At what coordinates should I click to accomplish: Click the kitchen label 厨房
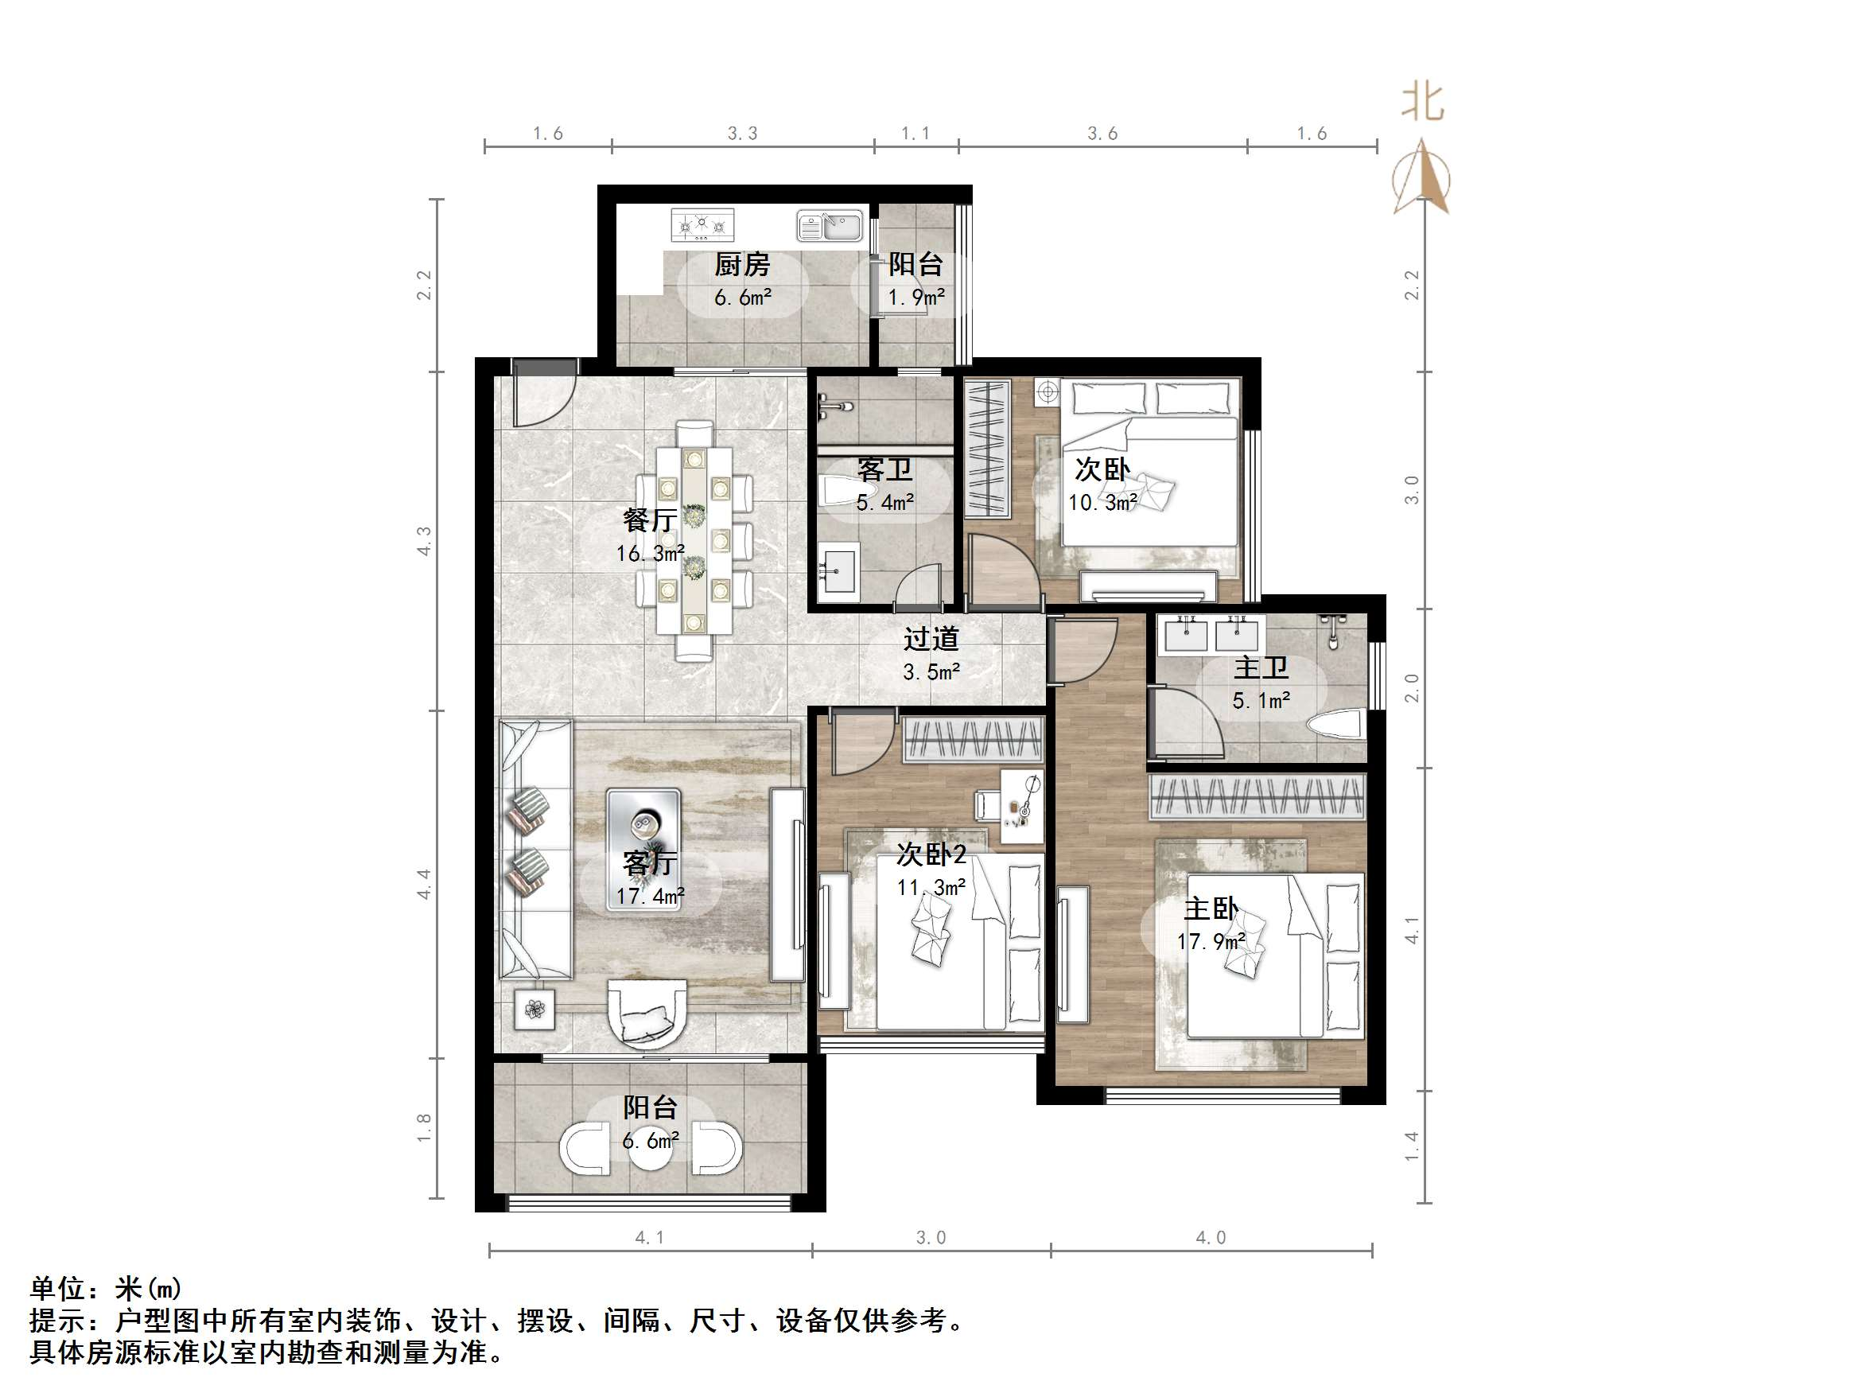(741, 264)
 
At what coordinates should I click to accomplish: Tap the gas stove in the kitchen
(702, 226)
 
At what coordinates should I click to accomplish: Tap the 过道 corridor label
(931, 638)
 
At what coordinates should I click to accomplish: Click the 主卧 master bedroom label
(1211, 908)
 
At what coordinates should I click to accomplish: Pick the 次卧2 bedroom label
(931, 854)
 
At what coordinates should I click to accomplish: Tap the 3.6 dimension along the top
(1102, 134)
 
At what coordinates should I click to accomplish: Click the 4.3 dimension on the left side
(424, 541)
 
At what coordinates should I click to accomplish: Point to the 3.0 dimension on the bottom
(931, 1237)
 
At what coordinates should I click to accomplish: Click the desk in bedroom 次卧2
(1022, 805)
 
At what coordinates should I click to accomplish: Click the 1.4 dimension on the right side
(1412, 1146)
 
